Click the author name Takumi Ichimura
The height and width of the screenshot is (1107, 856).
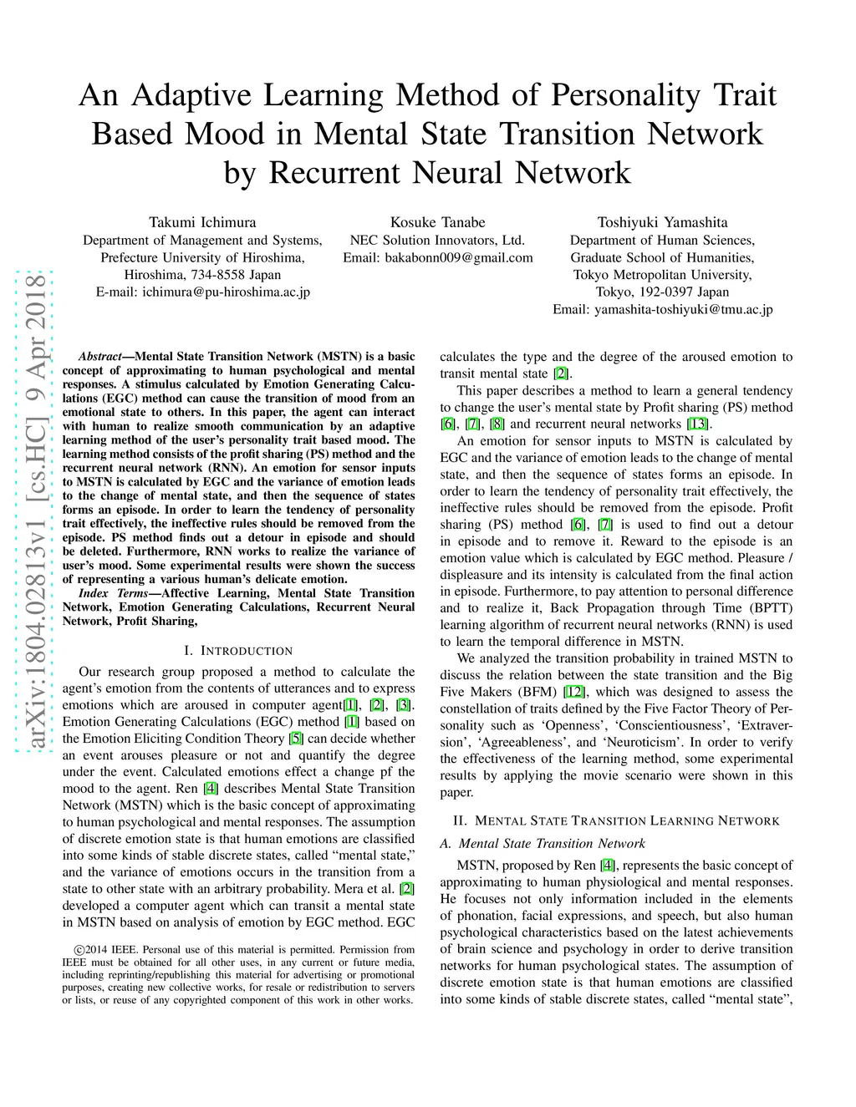click(x=202, y=222)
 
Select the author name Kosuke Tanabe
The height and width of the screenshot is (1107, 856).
click(x=437, y=222)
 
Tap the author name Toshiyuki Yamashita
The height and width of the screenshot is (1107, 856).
click(x=662, y=222)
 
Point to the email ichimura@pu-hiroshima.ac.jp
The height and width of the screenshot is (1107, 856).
click(x=226, y=292)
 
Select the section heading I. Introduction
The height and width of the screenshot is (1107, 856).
click(x=238, y=651)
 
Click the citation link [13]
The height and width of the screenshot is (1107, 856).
click(x=697, y=424)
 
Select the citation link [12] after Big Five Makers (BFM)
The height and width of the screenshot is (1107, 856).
click(x=575, y=692)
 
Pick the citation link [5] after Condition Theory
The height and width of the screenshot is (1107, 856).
click(x=296, y=739)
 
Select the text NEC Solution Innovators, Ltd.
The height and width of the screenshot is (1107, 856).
click(x=437, y=241)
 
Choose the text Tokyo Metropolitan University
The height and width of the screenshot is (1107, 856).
click(x=662, y=275)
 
